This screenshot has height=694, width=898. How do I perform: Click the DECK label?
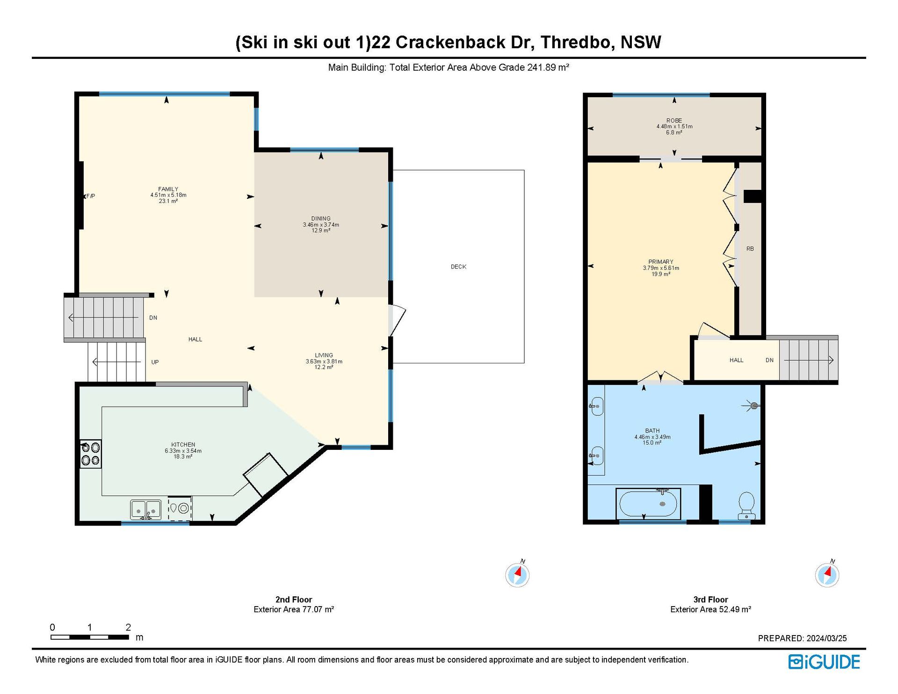tap(458, 267)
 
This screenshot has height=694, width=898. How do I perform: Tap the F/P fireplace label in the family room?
tap(91, 196)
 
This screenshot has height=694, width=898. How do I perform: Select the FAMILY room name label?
tap(168, 189)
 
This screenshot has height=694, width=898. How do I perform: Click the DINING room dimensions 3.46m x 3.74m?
tap(321, 224)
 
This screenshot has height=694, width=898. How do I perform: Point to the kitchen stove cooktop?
tap(90, 454)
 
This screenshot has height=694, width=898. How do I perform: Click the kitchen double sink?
tap(146, 509)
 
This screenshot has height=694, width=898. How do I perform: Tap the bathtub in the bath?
tap(648, 504)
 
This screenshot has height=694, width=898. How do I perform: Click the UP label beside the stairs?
tap(155, 362)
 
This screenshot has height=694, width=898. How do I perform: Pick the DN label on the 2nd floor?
tap(153, 318)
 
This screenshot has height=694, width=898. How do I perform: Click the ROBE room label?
tap(674, 120)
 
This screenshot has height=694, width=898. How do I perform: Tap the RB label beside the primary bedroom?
tap(750, 249)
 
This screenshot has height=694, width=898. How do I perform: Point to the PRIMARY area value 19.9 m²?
tap(660, 274)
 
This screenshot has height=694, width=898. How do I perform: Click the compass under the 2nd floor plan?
tap(518, 574)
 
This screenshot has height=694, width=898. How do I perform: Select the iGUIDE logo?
tap(824, 662)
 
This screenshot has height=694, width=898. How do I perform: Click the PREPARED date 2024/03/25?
tap(826, 638)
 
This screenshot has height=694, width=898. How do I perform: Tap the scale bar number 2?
tap(128, 627)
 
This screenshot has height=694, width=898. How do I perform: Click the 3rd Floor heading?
tap(710, 600)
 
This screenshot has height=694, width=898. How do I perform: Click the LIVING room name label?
tap(324, 355)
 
